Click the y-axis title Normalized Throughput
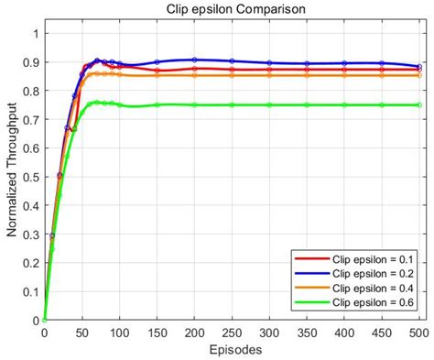tap(12, 176)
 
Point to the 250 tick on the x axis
tap(232, 333)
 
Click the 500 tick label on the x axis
tap(418, 333)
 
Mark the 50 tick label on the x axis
tap(81, 333)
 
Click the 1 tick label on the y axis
tap(35, 34)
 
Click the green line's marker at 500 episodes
tap(419, 105)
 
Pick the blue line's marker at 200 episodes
tap(194, 60)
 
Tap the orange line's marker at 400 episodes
tap(344, 75)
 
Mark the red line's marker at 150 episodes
tap(157, 71)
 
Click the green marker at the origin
tap(44, 320)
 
